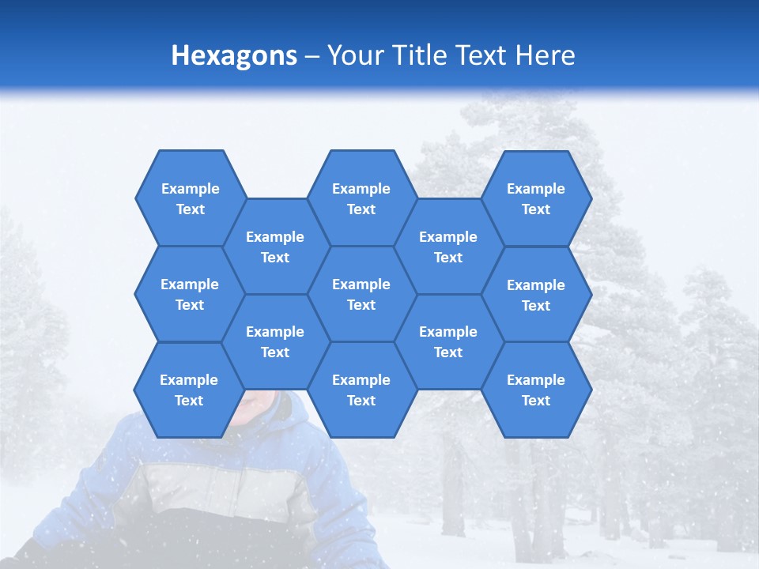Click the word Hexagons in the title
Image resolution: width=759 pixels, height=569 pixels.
(x=234, y=55)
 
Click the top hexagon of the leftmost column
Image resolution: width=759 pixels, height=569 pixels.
(x=190, y=198)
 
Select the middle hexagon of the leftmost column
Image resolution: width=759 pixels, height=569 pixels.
(x=190, y=294)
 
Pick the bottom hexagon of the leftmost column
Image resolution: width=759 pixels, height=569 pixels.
(x=189, y=390)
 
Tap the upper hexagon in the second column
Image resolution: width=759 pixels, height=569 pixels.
(x=275, y=247)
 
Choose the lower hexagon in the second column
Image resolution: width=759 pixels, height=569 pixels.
(x=275, y=341)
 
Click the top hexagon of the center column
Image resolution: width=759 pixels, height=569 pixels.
(x=361, y=198)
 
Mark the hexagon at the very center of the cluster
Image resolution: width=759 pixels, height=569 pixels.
(x=361, y=294)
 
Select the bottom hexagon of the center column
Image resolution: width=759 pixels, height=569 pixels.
(x=361, y=390)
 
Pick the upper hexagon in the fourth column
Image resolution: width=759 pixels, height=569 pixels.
(x=448, y=247)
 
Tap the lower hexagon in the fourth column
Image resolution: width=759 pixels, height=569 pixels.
(x=448, y=341)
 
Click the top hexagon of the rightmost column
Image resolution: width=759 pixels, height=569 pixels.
(x=536, y=198)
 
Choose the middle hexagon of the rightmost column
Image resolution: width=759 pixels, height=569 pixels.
(x=536, y=295)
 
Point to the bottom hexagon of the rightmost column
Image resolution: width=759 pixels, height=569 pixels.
(x=536, y=390)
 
